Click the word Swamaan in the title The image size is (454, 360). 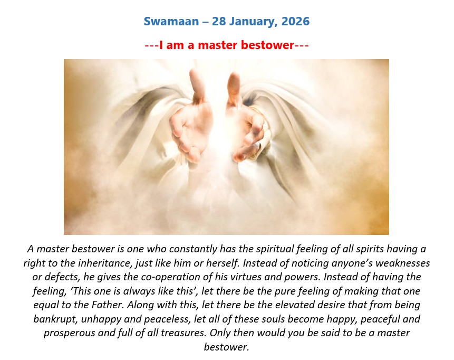[171, 22]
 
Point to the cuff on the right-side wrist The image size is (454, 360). [263, 134]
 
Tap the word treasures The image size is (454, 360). [183, 333]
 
